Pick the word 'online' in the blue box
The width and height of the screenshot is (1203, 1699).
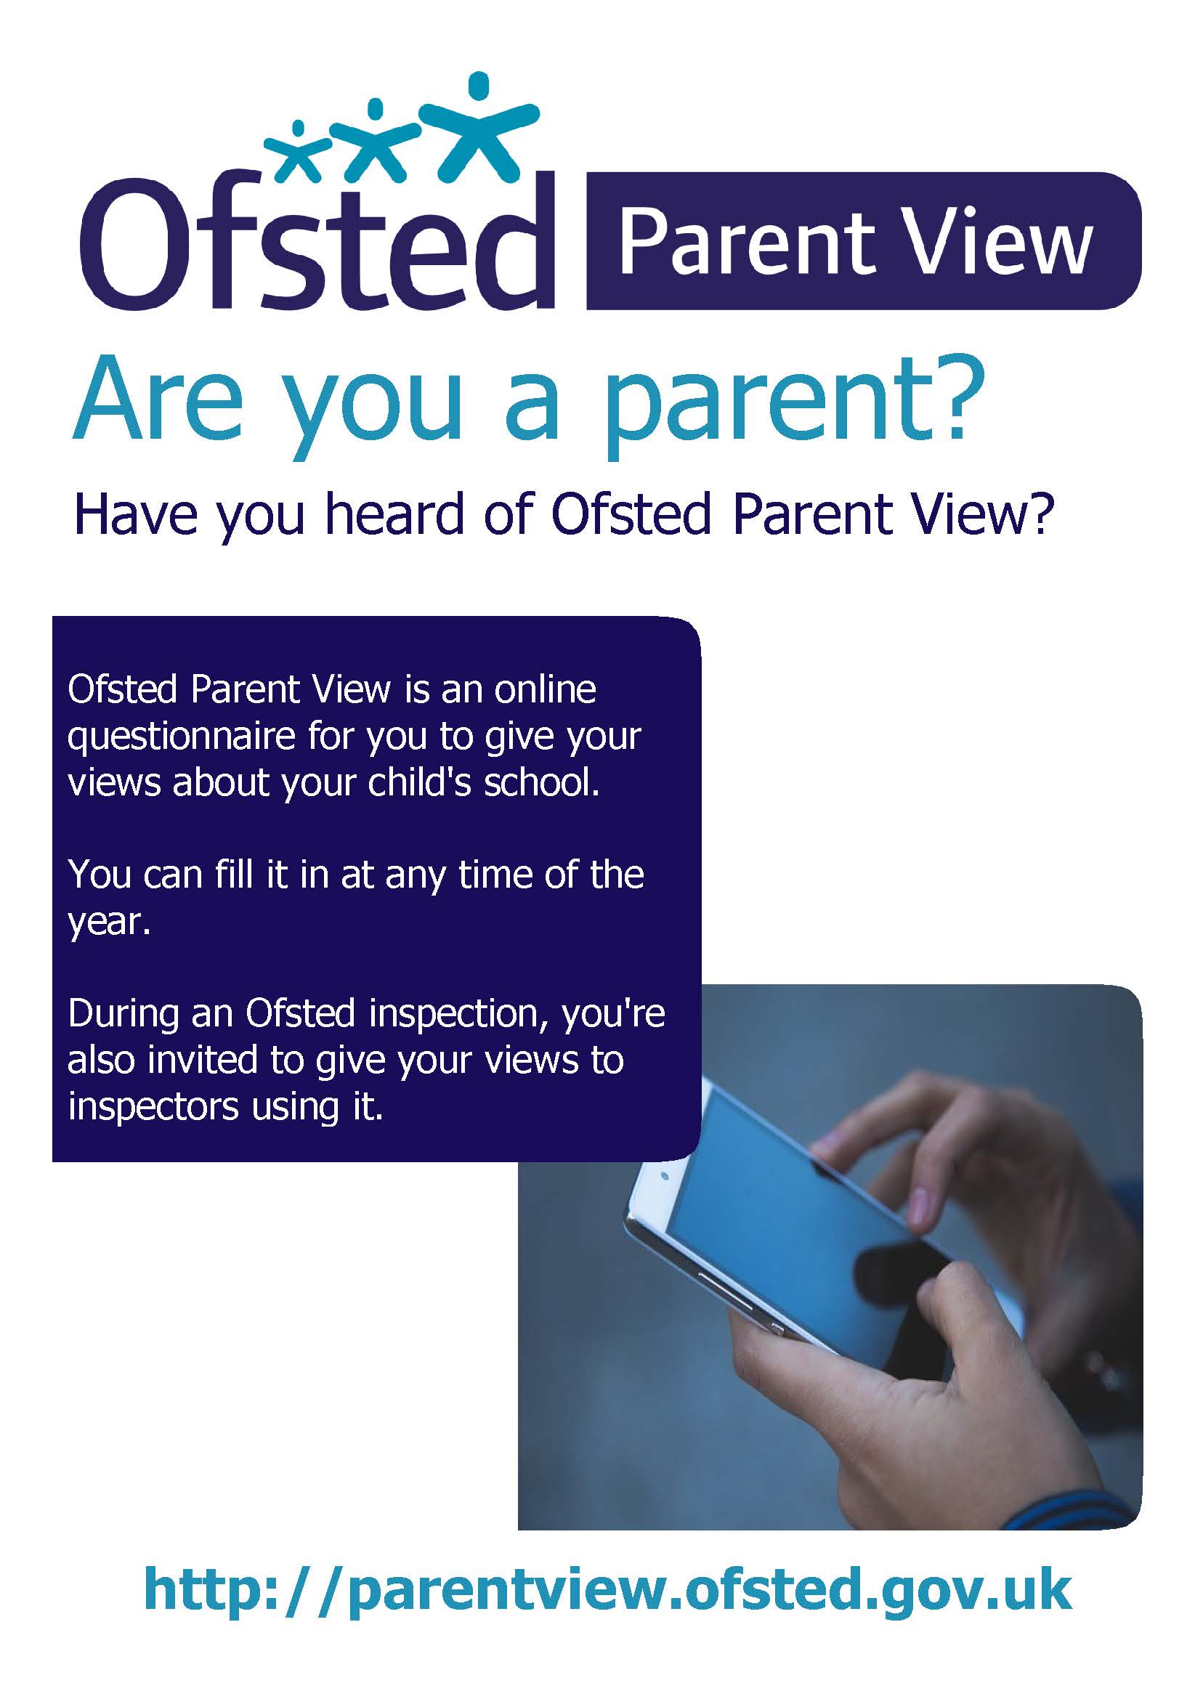[x=544, y=689]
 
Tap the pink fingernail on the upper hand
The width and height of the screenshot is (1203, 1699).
[x=923, y=1204]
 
